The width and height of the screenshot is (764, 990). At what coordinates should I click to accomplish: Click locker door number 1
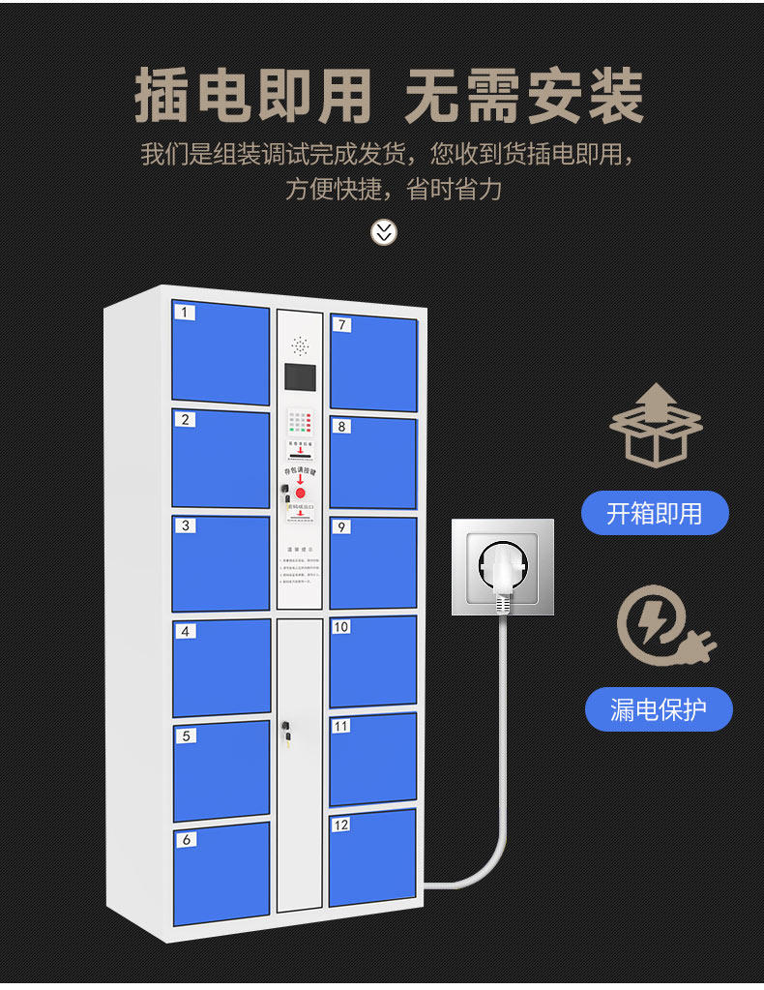point(220,353)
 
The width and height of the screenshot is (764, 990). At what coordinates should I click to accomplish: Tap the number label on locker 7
point(342,325)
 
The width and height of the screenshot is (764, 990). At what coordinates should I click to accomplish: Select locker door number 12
point(372,857)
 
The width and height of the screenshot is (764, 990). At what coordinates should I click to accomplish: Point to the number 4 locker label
point(186,631)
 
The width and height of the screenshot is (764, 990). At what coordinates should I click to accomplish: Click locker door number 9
point(372,562)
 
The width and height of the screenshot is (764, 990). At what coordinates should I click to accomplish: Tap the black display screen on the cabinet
point(300,380)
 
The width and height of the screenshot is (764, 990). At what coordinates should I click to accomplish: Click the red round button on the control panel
point(300,493)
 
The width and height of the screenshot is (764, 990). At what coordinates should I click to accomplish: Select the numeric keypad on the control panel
point(300,422)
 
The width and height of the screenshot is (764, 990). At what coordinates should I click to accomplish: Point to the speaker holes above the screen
point(300,345)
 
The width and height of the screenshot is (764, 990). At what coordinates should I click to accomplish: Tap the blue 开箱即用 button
point(655,513)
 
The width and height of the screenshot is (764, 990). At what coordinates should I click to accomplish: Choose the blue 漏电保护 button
point(658,709)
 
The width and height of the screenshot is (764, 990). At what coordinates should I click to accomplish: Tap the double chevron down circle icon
point(384,232)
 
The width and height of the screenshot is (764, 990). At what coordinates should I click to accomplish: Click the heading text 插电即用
point(253,97)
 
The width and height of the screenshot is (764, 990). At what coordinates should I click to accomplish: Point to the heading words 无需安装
point(523,97)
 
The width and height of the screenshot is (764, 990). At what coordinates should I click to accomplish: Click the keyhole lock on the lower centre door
point(285,727)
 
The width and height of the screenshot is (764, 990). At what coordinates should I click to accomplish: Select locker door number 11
point(372,759)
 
